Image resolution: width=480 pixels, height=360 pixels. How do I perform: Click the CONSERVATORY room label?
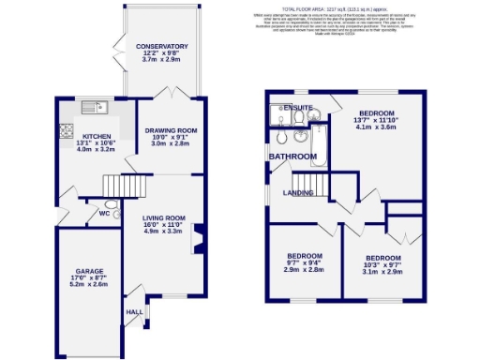(161, 47)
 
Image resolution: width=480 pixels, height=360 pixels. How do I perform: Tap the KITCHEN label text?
(97, 135)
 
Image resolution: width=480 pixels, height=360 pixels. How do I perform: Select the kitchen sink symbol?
(94, 105)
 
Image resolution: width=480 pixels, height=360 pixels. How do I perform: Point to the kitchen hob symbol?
(67, 130)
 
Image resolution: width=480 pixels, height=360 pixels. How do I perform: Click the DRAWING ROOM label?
(171, 130)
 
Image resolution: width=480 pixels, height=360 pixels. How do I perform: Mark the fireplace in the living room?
(198, 238)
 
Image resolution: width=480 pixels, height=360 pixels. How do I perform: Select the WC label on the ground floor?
(92, 212)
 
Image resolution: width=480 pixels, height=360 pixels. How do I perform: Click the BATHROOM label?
(292, 156)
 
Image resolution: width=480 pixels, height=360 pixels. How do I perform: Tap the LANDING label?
(299, 192)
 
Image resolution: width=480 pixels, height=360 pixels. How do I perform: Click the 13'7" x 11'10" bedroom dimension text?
(377, 120)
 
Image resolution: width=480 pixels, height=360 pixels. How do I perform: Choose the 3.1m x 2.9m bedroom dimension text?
(382, 272)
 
